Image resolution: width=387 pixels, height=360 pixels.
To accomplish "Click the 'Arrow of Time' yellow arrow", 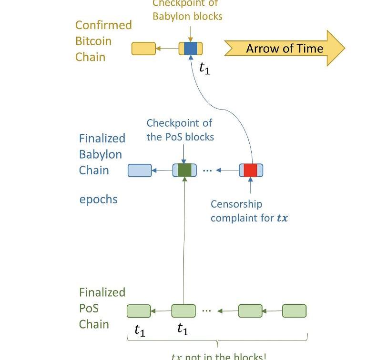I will (285, 48).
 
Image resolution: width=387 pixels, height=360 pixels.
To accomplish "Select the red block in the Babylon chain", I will (251, 170).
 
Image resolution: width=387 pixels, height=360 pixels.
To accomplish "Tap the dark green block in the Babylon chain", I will (184, 170).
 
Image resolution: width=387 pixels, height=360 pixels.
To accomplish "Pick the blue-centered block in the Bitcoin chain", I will (191, 49).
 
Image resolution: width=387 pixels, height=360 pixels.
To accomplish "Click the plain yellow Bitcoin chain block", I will (143, 49).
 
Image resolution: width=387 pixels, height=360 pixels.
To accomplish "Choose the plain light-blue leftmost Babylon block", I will (140, 170).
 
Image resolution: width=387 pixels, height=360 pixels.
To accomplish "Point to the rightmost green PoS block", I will (294, 311).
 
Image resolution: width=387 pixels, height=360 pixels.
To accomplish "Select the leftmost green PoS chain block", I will (139, 311).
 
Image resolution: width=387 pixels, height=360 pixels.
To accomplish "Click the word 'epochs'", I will (98, 199).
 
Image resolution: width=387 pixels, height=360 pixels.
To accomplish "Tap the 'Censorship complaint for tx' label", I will (249, 211).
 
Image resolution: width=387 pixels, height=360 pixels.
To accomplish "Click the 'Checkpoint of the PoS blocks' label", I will (180, 130).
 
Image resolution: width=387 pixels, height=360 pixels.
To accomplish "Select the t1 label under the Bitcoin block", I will (204, 69).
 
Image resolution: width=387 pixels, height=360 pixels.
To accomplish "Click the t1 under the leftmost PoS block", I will (140, 330).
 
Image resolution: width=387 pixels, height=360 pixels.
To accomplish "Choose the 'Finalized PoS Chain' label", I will (102, 308).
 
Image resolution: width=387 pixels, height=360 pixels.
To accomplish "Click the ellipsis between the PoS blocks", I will (206, 310).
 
